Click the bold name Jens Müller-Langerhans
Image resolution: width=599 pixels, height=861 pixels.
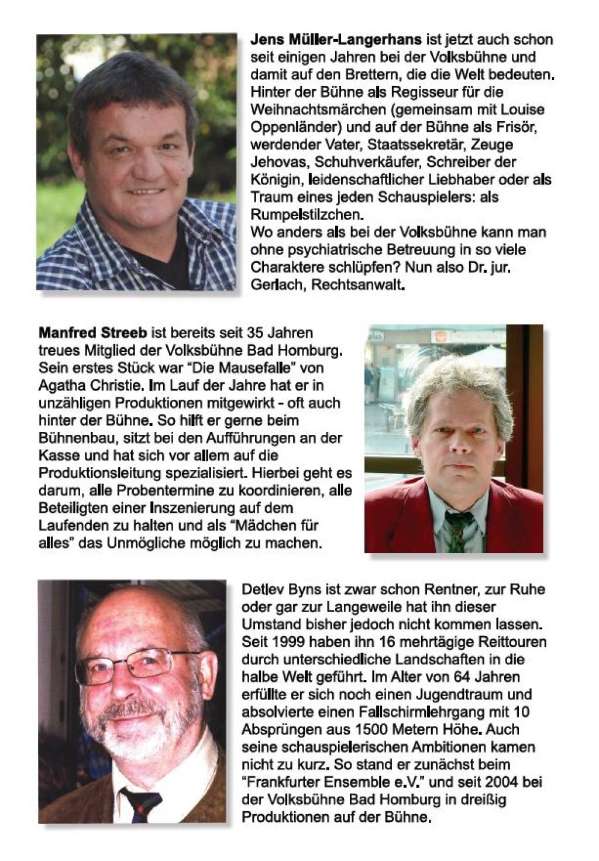tap(336, 40)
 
